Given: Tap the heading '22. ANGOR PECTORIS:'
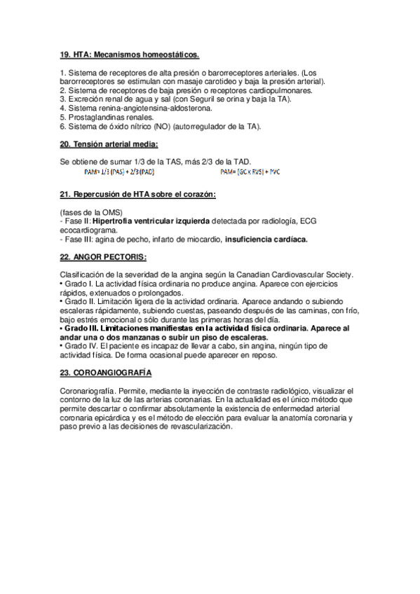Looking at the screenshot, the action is click(x=102, y=257).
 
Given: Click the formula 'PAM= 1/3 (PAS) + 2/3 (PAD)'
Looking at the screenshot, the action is click(x=119, y=172).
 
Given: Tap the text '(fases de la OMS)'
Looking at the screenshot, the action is click(x=92, y=212).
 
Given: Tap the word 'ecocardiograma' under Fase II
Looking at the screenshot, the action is click(x=89, y=230).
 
